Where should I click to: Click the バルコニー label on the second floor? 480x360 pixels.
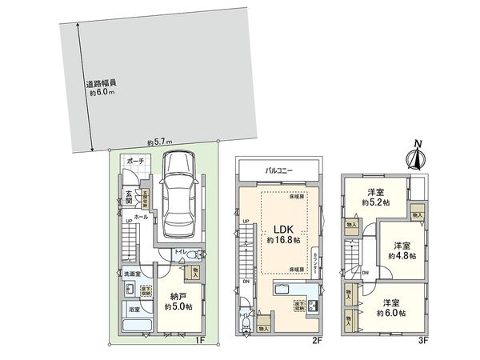coord(277,170)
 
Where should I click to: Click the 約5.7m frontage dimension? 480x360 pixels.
coord(160,143)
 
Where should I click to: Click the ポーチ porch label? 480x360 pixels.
coord(135,162)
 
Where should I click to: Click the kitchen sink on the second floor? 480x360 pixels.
coord(285,291)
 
